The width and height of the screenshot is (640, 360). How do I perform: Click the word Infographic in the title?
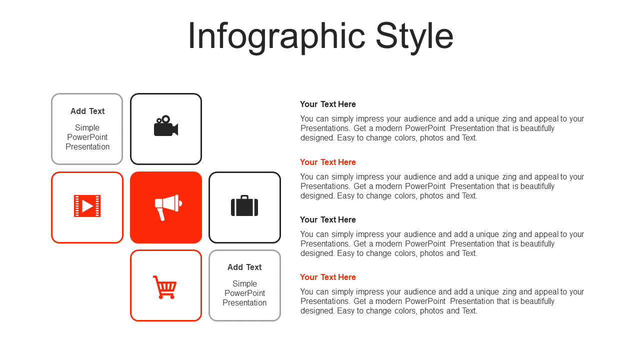(x=276, y=36)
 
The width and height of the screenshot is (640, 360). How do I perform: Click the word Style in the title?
(x=414, y=36)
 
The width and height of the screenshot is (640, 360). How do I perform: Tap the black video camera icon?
(x=166, y=125)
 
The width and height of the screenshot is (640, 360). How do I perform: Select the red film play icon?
(x=87, y=206)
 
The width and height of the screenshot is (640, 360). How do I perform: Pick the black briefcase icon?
(x=244, y=205)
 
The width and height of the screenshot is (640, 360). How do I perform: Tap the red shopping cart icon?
(x=165, y=287)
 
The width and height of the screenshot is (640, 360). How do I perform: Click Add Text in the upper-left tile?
(x=87, y=111)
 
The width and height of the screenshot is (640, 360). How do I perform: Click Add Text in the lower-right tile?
(x=244, y=267)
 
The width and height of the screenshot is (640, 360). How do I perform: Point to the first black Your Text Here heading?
(x=327, y=104)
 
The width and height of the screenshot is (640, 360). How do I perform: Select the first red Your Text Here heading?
(x=327, y=162)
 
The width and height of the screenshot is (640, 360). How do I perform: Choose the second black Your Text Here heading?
(x=327, y=219)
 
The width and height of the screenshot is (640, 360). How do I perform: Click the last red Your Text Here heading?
(x=327, y=277)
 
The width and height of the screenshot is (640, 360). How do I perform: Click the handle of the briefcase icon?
(x=244, y=196)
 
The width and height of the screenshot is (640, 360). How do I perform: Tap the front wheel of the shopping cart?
(x=172, y=297)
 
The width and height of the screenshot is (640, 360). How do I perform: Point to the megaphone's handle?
(x=161, y=214)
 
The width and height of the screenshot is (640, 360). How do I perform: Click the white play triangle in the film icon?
(x=87, y=206)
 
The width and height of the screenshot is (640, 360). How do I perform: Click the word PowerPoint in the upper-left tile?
(x=87, y=137)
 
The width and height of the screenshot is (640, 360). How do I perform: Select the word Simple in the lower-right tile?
(x=244, y=283)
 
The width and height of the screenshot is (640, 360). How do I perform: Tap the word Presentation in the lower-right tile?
(x=244, y=303)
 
